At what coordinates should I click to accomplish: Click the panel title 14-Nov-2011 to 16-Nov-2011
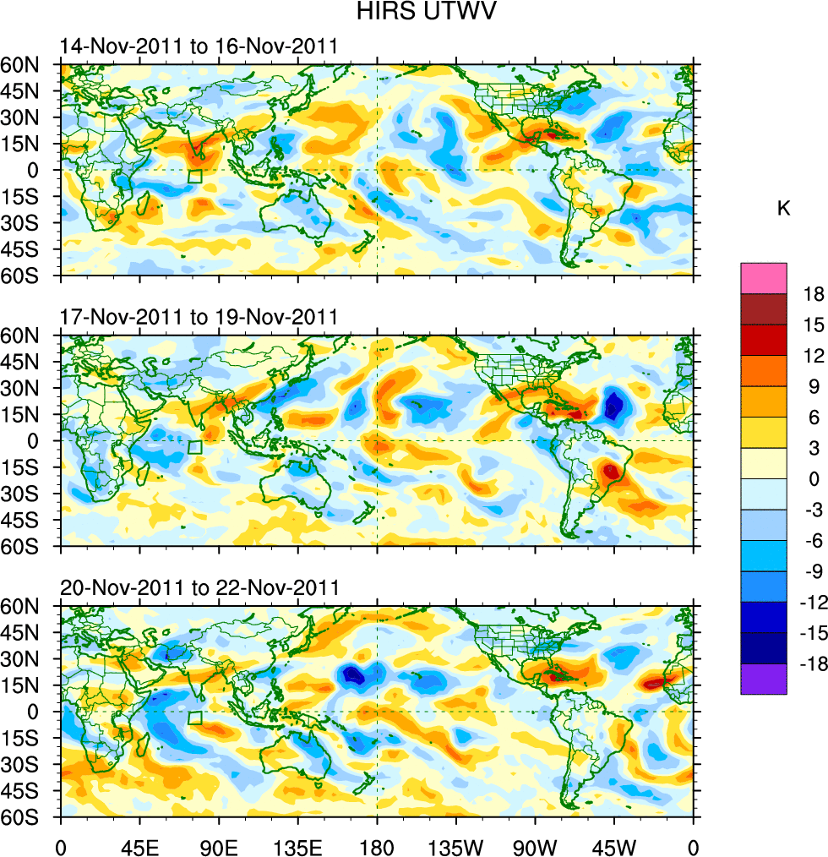tap(199, 46)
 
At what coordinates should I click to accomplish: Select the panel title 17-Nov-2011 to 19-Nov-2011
tap(199, 318)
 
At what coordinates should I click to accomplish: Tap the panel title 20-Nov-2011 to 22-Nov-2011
tap(199, 587)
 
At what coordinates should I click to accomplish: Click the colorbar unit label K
tap(784, 208)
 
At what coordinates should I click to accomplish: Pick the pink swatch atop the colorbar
tap(764, 278)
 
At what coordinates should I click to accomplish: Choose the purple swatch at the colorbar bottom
tap(764, 680)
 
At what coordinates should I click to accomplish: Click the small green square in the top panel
tap(195, 177)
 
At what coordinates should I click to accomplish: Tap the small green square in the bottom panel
tap(195, 718)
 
